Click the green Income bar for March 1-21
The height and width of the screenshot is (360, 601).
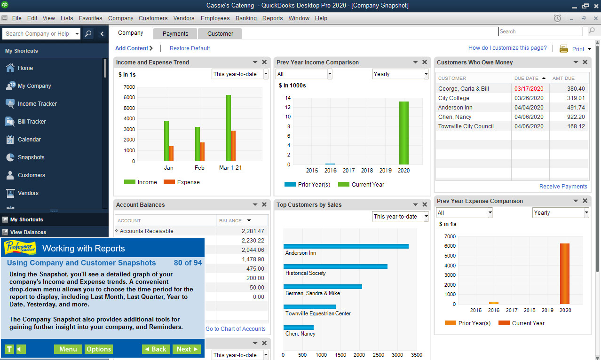point(229,128)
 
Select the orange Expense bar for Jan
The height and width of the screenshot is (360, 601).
point(171,153)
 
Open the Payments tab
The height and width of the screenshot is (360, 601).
point(175,33)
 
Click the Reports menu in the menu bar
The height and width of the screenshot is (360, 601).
point(272,18)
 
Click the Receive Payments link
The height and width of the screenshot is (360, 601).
point(563,187)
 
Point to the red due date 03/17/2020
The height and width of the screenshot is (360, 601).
point(529,89)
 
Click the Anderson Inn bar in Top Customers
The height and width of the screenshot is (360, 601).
point(346,246)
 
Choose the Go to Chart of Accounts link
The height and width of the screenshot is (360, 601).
point(236,329)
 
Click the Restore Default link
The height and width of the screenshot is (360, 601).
point(190,48)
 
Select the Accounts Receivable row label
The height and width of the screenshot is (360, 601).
point(146,231)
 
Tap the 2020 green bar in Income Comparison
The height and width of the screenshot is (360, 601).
point(403,133)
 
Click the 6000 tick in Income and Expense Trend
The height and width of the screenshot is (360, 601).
point(129,97)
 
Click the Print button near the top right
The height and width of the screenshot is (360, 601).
point(574,49)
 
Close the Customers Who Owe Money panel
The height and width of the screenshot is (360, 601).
point(585,63)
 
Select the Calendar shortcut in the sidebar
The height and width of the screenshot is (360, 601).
point(29,140)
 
